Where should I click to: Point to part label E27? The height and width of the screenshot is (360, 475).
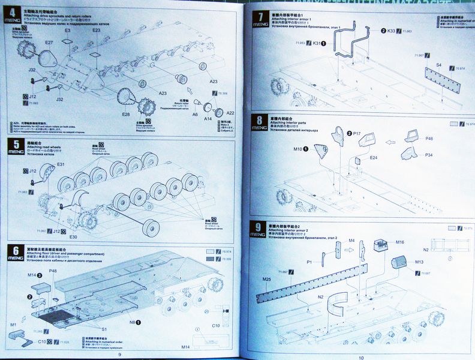coord(49,43)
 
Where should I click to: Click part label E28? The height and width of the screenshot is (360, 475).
coord(126,114)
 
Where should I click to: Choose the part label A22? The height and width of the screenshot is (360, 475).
coord(230,113)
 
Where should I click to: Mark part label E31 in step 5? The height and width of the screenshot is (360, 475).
coord(61,164)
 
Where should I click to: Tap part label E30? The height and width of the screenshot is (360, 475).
coord(73,236)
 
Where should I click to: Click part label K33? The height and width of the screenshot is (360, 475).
coord(390,31)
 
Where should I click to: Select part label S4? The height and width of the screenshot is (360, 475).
coord(438,64)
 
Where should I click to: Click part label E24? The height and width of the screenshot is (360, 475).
coord(372,157)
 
